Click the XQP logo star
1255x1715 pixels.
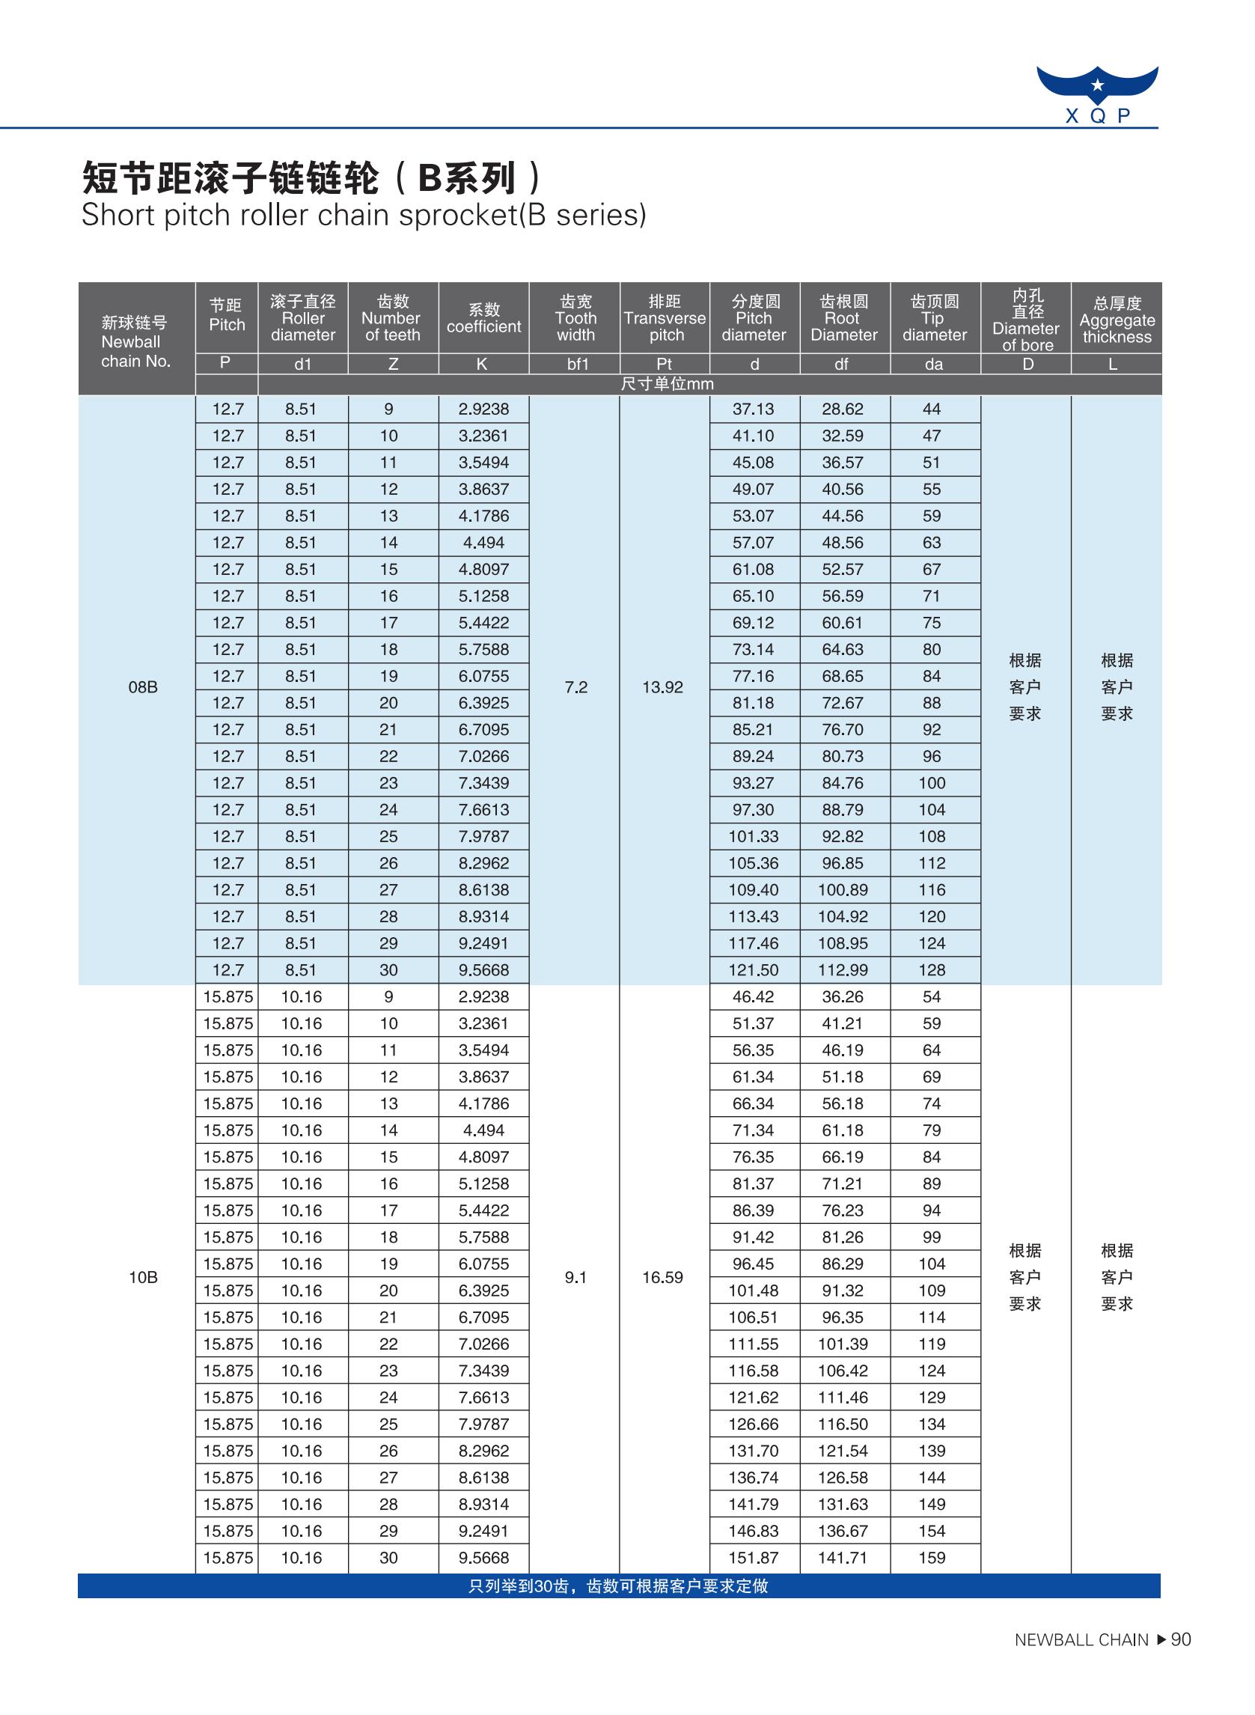[x=1097, y=85]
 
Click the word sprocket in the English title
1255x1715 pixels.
[x=456, y=216]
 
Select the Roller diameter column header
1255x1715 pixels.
[x=302, y=318]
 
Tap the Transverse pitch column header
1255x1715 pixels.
[x=665, y=318]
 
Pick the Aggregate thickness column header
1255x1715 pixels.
[x=1116, y=320]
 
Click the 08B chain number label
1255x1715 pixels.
[x=143, y=688]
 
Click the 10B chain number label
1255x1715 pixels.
[x=143, y=1277]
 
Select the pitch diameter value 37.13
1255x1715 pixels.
[x=753, y=409]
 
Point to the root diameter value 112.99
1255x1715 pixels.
[x=843, y=970]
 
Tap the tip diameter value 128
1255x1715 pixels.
[x=932, y=970]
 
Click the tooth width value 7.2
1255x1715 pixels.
[x=575, y=688]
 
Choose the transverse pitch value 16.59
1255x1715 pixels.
[x=662, y=1277]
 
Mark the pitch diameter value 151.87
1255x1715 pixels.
[x=753, y=1558]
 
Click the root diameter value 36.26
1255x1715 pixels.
[x=843, y=997]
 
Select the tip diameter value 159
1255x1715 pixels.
[x=932, y=1558]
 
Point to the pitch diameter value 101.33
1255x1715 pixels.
[x=753, y=837]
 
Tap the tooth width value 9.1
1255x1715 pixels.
[x=575, y=1277]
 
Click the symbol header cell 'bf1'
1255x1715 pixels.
[x=578, y=365]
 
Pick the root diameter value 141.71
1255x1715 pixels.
[x=843, y=1558]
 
